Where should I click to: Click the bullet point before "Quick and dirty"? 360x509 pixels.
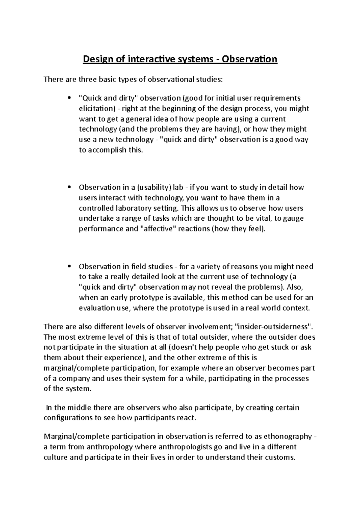tap(69, 98)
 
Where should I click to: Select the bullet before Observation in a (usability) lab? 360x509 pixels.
tap(69, 187)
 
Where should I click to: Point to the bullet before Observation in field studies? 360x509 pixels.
tap(69, 266)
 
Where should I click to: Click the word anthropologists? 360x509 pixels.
tap(184, 447)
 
